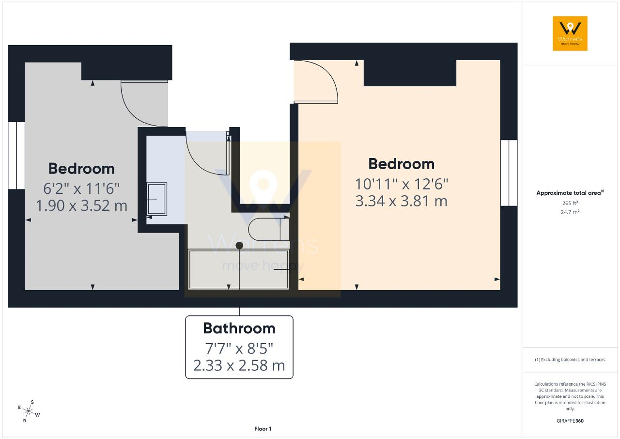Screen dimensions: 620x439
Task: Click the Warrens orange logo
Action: (x=570, y=33)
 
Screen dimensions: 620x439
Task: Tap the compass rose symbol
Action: (x=29, y=411)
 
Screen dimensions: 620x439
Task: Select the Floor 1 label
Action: (x=263, y=429)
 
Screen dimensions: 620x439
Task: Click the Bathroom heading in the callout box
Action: (x=239, y=329)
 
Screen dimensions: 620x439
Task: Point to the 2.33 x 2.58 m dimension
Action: (x=239, y=365)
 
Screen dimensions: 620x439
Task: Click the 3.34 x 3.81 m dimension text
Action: (x=401, y=201)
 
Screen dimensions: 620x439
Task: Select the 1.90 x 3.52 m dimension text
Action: (x=81, y=205)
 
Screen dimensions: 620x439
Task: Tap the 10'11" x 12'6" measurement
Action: (x=402, y=184)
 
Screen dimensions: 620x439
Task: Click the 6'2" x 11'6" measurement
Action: (x=81, y=188)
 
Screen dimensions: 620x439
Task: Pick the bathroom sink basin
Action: (x=156, y=199)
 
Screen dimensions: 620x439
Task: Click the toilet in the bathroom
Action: (x=268, y=229)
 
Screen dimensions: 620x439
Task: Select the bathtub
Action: (x=239, y=269)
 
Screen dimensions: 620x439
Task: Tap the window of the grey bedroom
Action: (x=16, y=156)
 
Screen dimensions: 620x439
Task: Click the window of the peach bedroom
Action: (x=509, y=173)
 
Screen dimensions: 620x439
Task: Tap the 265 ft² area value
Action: (x=570, y=203)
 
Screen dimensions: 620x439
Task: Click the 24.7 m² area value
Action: (x=570, y=212)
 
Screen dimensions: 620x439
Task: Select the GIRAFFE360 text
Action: (x=570, y=421)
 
